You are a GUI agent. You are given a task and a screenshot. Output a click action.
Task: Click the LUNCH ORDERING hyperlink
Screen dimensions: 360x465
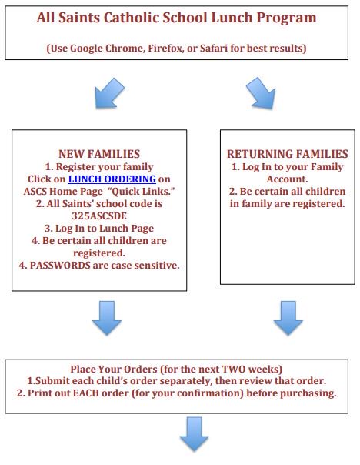click(x=112, y=179)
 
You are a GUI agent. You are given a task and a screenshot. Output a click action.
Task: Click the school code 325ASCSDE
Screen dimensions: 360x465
click(x=99, y=216)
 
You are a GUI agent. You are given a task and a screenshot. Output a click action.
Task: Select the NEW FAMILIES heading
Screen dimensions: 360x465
click(x=99, y=154)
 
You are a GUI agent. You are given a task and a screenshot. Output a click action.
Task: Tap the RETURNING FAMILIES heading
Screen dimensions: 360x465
click(x=288, y=154)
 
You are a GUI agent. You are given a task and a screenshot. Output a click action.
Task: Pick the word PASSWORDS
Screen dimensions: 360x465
click(x=60, y=265)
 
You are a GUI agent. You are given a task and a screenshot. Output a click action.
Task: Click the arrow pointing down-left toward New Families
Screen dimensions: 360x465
click(x=109, y=93)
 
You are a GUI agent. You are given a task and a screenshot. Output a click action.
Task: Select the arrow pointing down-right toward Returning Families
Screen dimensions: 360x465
click(x=261, y=93)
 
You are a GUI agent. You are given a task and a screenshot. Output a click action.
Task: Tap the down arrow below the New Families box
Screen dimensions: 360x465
click(x=107, y=318)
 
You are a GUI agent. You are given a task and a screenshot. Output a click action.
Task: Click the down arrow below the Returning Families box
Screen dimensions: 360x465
click(x=288, y=318)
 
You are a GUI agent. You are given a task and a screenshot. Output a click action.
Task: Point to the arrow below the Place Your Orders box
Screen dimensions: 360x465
click(x=194, y=434)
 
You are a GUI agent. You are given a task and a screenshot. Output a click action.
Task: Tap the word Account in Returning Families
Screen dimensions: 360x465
click(x=287, y=179)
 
